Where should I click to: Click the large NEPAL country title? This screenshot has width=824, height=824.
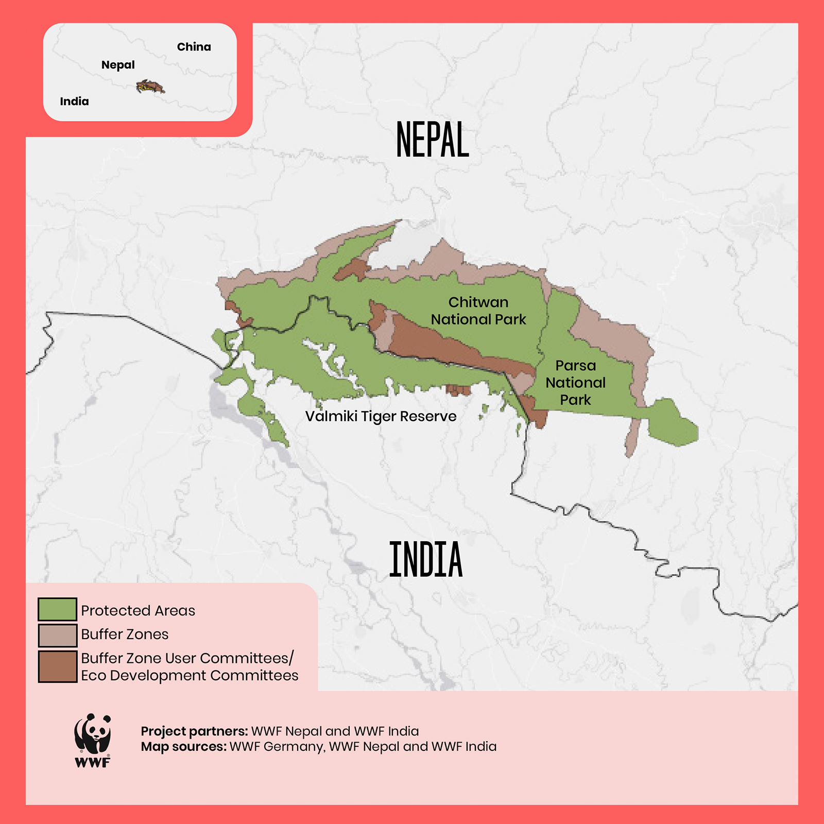point(433,140)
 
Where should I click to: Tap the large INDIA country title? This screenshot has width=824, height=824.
point(426,560)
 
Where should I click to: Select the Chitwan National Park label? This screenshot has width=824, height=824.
point(478,311)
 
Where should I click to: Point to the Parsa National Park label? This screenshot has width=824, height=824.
point(575,383)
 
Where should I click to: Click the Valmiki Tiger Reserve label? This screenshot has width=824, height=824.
point(381,416)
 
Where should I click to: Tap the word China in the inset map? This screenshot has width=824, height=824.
point(194,47)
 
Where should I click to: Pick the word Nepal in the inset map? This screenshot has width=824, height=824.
point(118,65)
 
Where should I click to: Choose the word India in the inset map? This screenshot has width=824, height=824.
point(74,101)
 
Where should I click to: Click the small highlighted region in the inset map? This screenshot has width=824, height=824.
point(150,87)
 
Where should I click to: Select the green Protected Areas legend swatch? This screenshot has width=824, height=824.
point(57,609)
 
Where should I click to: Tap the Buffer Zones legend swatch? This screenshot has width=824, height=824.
point(57,635)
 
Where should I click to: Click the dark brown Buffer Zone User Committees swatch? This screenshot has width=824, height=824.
point(57,666)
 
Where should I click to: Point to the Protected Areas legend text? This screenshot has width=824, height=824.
point(138,611)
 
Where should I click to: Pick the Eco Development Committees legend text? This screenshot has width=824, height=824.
point(190,676)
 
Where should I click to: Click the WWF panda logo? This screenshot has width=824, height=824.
point(93,734)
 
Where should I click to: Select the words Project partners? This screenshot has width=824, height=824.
point(194,731)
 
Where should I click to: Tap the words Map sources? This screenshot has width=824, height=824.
point(184,747)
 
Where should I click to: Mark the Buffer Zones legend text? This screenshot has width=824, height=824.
point(125,634)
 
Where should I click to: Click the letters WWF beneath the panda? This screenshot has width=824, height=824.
point(93,763)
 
